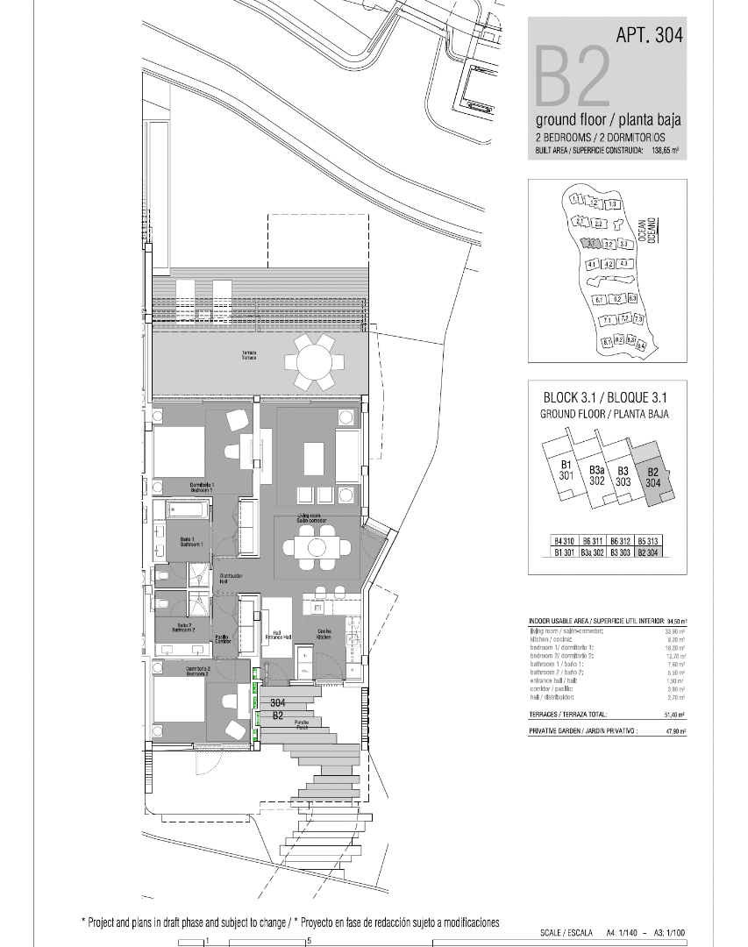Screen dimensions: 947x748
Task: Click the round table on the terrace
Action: point(314,361)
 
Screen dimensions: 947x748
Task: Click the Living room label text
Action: point(312,518)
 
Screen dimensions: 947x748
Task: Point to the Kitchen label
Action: point(324,634)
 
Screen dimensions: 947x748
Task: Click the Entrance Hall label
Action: point(275,636)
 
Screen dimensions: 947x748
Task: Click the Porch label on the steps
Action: point(302,726)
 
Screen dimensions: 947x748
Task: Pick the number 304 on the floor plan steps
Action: point(278,703)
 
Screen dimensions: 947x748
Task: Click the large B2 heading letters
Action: point(572,77)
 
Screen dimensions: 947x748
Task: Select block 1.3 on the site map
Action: point(613,204)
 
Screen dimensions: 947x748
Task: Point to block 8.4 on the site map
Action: point(641,345)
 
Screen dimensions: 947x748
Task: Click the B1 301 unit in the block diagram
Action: point(566,471)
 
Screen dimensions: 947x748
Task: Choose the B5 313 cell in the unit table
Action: point(647,542)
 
